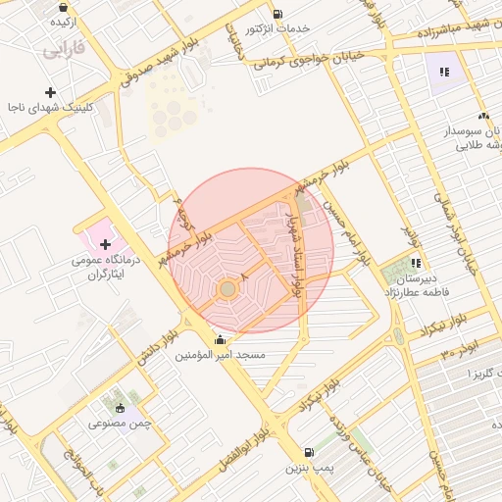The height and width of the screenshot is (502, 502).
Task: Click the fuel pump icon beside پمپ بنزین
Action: [x=310, y=453]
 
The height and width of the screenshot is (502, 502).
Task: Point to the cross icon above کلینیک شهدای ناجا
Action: [x=50, y=92]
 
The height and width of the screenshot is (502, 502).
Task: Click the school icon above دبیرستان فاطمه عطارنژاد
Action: [x=416, y=263]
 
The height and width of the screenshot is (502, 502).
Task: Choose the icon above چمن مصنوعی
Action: [x=121, y=408]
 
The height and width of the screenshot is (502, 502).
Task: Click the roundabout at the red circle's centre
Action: [x=227, y=289]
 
